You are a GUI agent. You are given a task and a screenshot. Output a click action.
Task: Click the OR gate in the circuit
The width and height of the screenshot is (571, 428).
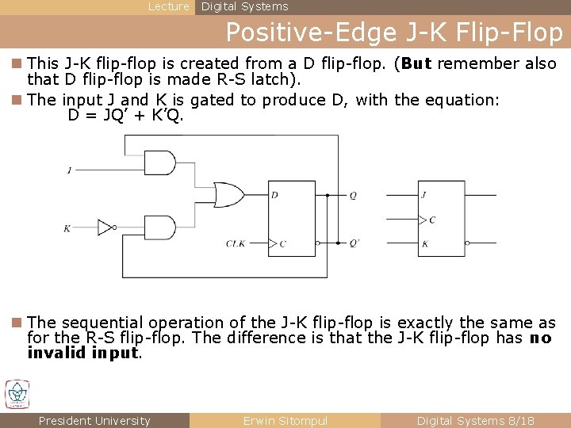point(229,194)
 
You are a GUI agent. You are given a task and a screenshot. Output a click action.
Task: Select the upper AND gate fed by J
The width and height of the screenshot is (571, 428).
point(161,163)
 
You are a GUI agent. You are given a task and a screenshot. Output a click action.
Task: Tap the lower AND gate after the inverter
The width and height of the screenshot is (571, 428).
point(161,227)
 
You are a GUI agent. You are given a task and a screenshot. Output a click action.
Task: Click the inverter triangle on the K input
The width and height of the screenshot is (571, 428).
point(105,227)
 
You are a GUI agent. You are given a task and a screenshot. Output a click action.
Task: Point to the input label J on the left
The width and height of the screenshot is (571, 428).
point(70,170)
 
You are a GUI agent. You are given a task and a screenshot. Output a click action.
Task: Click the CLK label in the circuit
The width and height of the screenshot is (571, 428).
point(236,243)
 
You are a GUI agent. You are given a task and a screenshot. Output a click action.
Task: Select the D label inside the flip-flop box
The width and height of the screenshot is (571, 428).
point(274,195)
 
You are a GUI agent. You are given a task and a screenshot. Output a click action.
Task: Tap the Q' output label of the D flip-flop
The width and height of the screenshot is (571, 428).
point(354,243)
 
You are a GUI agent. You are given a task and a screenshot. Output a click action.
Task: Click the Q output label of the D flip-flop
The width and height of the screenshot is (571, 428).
point(353,195)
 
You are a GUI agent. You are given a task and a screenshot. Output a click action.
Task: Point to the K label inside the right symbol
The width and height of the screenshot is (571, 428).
point(425,244)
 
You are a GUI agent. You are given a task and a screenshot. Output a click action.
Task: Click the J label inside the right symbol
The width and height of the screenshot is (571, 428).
point(425,195)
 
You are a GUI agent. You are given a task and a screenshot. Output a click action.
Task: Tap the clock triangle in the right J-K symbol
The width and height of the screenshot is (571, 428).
point(423,220)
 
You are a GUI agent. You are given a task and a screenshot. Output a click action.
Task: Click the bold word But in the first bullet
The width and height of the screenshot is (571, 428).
point(417,64)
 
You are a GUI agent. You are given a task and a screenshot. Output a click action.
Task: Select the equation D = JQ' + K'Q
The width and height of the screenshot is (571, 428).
point(126,116)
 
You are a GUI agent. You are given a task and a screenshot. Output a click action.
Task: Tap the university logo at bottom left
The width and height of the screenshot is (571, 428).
point(17,394)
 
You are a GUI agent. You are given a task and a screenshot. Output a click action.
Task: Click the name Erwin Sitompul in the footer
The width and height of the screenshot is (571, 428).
point(285,421)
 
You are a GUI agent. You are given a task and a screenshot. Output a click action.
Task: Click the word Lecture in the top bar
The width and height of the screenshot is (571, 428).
point(169,6)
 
